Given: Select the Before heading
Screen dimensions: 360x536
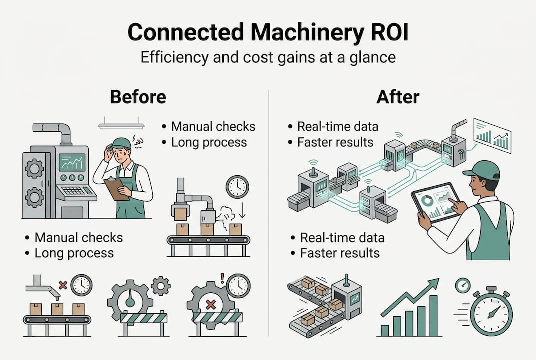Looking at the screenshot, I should [x=138, y=97].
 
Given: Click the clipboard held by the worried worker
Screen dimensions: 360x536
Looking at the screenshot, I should [x=116, y=189].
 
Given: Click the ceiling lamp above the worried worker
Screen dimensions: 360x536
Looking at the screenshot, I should [x=121, y=125].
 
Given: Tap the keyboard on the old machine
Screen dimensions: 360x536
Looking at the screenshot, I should [x=75, y=191].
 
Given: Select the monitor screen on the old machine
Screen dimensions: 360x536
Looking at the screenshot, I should [x=72, y=162].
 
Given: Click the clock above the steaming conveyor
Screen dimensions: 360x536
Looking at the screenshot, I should [x=237, y=187].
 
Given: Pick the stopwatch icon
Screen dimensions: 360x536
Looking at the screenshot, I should [x=491, y=313].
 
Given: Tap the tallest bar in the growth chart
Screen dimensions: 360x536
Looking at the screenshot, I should [x=433, y=315].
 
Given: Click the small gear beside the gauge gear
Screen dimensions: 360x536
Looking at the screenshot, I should [x=160, y=286].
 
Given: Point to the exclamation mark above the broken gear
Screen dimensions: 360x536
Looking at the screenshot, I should [x=222, y=276].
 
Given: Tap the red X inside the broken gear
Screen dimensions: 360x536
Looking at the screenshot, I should [x=211, y=304].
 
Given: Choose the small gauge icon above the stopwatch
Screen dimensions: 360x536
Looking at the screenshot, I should [x=463, y=285].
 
